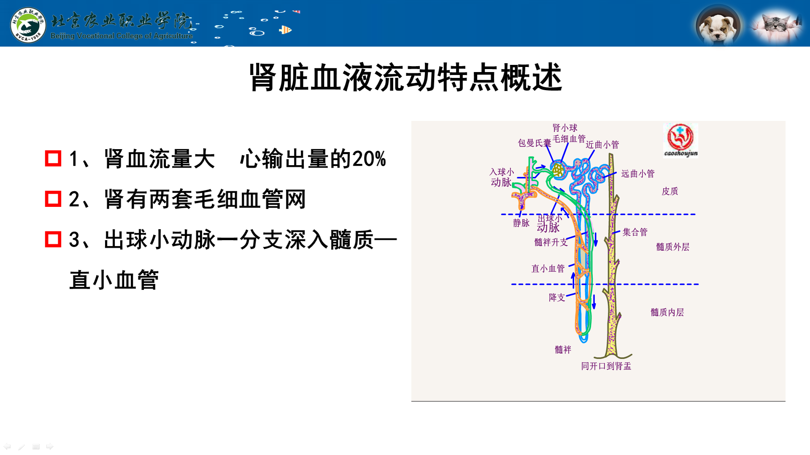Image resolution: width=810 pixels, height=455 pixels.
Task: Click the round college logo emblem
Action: pyautogui.click(x=28, y=25)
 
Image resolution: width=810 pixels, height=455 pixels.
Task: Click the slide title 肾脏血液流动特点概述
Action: pyautogui.click(x=405, y=78)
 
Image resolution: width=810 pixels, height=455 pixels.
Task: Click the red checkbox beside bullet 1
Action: pyautogui.click(x=53, y=158)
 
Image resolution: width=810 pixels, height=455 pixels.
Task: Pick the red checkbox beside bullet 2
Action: pyautogui.click(x=53, y=199)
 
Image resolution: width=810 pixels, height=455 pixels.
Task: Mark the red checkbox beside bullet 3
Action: pyautogui.click(x=53, y=239)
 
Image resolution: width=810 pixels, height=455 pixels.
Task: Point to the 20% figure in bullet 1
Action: pyautogui.click(x=369, y=159)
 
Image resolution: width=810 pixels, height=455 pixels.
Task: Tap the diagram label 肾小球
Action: pyautogui.click(x=565, y=128)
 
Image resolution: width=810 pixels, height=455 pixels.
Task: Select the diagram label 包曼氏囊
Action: pyautogui.click(x=535, y=143)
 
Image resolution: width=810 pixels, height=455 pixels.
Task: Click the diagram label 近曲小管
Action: pyautogui.click(x=602, y=145)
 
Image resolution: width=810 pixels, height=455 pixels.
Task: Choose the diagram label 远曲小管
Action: pyautogui.click(x=638, y=174)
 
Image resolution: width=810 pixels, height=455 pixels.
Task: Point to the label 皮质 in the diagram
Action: pyautogui.click(x=670, y=191)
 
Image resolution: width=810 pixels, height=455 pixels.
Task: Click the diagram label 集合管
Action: pyautogui.click(x=635, y=232)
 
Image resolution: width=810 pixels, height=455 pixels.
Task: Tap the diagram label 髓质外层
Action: pyautogui.click(x=673, y=247)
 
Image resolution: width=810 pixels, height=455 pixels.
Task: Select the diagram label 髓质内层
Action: pyautogui.click(x=667, y=312)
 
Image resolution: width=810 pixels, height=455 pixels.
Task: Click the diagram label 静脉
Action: pyautogui.click(x=521, y=223)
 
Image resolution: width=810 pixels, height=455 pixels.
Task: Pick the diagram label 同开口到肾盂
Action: pyautogui.click(x=606, y=366)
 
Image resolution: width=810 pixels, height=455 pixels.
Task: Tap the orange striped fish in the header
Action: pyautogui.click(x=286, y=30)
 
